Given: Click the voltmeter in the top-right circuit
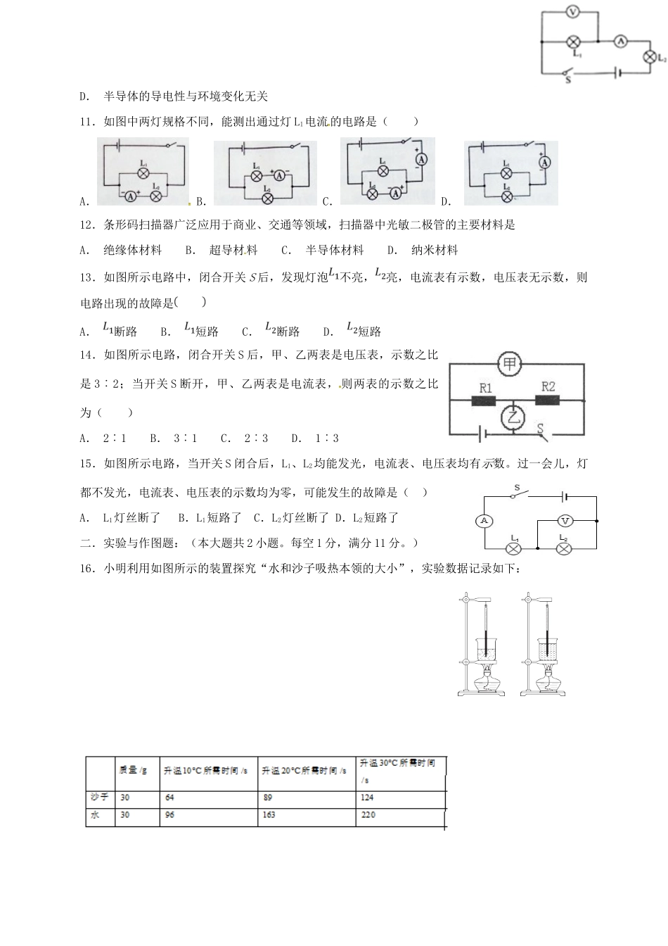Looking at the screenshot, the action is tap(572, 12).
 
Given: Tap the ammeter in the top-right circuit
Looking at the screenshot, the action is tap(621, 42).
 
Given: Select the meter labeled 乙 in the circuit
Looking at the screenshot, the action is tap(513, 418).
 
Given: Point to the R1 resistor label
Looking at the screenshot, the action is tap(485, 387).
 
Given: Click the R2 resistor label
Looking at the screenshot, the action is tap(548, 386).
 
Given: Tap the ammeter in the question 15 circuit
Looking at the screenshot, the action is tap(483, 520).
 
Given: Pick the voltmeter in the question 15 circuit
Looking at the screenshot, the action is tap(565, 521).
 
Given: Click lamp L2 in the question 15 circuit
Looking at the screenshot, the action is tap(563, 547).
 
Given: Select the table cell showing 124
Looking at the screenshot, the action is tap(367, 797).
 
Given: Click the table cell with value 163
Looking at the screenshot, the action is tap(268, 815).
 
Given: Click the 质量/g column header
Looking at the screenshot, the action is tap(133, 770).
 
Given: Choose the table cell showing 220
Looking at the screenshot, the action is tap(368, 815).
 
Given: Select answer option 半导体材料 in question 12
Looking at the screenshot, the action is tap(334, 250).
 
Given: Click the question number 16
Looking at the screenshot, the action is tap(88, 569).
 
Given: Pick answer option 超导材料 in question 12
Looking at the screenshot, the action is tap(233, 250).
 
